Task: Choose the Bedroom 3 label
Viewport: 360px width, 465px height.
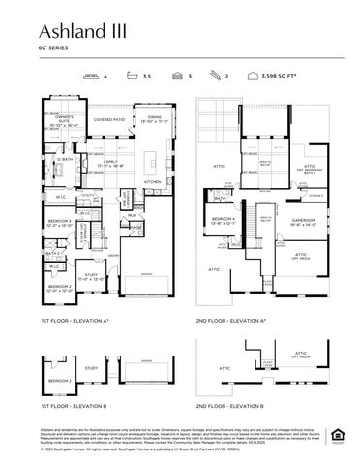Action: pos(60,223)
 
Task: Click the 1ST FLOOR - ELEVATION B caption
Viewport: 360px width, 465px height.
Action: pos(75,405)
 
